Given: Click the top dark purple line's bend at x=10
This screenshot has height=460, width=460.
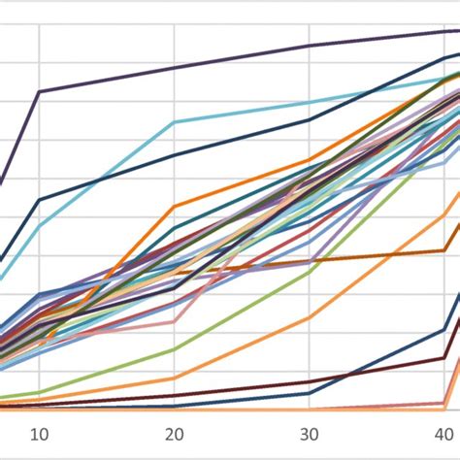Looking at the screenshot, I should [x=39, y=91].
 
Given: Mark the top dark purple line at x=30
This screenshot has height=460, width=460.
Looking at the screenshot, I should [x=309, y=46].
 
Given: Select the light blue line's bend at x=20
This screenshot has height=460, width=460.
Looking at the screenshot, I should [x=174, y=122].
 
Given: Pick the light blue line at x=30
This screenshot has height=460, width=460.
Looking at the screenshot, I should [x=309, y=102].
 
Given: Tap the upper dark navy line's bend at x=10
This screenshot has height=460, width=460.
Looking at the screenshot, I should [x=39, y=200].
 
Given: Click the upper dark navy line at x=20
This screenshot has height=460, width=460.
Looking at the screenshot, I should [x=174, y=155].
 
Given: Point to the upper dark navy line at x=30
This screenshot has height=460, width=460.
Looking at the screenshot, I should [x=309, y=120].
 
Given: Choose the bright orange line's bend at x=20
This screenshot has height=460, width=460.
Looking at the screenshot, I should [x=174, y=206].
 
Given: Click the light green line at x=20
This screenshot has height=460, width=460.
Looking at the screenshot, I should [x=174, y=349].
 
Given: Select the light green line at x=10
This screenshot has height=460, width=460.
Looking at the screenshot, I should [x=39, y=392].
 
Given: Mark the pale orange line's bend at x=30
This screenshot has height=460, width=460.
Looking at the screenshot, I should [x=309, y=317].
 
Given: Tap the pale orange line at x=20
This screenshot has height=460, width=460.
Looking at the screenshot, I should [x=174, y=378].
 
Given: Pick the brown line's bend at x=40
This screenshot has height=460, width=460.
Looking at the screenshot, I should [x=444, y=251].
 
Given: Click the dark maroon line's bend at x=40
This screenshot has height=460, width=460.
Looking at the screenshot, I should [x=444, y=358].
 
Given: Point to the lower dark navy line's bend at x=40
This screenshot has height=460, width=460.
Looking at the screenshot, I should [x=444, y=330].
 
